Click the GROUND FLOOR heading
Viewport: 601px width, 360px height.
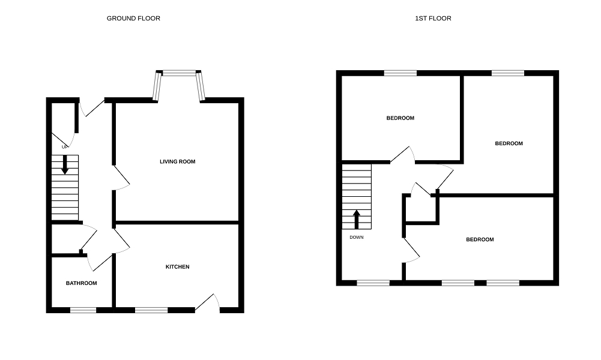tap(133, 19)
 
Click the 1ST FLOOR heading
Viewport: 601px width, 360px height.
tap(433, 19)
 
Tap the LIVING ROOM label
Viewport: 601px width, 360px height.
tap(177, 161)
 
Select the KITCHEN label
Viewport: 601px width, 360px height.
tap(178, 267)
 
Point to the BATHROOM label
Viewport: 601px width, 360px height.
tap(81, 283)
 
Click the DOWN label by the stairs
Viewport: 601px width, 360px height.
tap(357, 237)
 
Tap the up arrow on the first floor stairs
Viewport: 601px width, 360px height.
tap(357, 219)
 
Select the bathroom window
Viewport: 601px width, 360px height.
tap(83, 310)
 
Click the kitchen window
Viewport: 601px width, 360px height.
tap(151, 310)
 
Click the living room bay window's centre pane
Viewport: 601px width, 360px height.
tap(179, 73)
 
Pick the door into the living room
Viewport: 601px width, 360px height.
tap(122, 178)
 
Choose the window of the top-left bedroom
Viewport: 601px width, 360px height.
tap(400, 73)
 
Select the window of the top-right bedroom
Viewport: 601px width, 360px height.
tap(507, 73)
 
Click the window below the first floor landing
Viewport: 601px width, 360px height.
tap(373, 282)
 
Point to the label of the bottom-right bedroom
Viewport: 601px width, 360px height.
tap(480, 239)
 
